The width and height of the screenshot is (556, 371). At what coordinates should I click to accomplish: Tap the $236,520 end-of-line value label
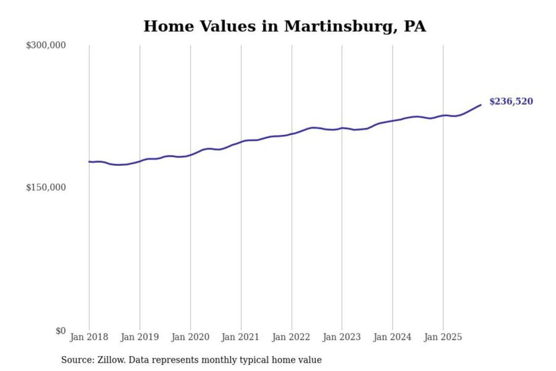pyautogui.click(x=511, y=101)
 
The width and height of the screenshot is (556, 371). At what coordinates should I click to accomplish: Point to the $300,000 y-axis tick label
pyautogui.click(x=46, y=45)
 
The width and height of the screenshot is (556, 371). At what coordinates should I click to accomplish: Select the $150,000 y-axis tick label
pyautogui.click(x=46, y=187)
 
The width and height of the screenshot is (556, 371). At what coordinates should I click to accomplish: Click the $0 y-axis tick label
pyautogui.click(x=61, y=331)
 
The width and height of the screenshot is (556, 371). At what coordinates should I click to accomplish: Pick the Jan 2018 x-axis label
pyautogui.click(x=89, y=337)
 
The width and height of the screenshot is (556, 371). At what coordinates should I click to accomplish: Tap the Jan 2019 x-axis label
pyautogui.click(x=139, y=337)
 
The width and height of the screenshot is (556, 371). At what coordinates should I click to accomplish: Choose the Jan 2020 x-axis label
pyautogui.click(x=190, y=337)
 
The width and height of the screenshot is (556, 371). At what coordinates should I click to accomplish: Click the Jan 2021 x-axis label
pyautogui.click(x=240, y=337)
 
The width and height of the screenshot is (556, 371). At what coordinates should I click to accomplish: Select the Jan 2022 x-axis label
pyautogui.click(x=291, y=337)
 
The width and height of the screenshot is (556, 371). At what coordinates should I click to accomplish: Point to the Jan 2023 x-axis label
pyautogui.click(x=341, y=337)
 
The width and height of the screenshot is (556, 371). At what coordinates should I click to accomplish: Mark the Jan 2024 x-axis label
pyautogui.click(x=392, y=337)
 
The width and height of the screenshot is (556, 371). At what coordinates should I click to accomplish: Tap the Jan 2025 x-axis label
pyautogui.click(x=442, y=337)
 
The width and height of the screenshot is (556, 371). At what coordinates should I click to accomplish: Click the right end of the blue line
pyautogui.click(x=481, y=105)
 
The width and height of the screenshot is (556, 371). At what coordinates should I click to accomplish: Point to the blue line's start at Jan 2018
pyautogui.click(x=89, y=162)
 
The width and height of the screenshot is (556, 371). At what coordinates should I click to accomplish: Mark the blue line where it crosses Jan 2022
pyautogui.click(x=292, y=134)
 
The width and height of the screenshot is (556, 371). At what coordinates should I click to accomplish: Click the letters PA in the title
pyautogui.click(x=415, y=26)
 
